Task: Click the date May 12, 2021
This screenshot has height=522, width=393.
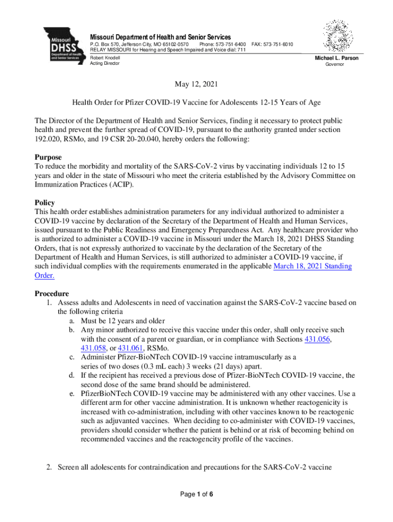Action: (x=196, y=85)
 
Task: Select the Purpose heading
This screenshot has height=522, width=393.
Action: (x=48, y=158)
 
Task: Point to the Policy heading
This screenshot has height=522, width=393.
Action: (x=44, y=202)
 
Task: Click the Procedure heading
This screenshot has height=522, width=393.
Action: (x=52, y=294)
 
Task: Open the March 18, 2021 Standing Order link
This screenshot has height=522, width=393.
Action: (x=312, y=267)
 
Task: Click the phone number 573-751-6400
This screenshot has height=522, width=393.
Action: (x=223, y=45)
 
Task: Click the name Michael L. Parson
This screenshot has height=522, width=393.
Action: (x=337, y=58)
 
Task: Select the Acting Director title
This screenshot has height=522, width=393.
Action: (x=105, y=64)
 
